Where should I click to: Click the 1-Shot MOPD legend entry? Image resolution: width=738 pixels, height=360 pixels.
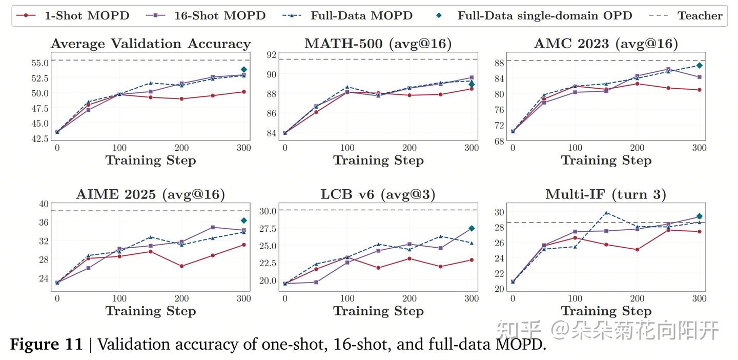pos(72,15)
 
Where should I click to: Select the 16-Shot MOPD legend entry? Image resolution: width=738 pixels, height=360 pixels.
pos(206,15)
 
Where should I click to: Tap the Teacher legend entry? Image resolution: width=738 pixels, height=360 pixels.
pos(686,15)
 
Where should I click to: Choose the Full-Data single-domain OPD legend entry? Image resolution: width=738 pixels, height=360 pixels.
pos(534,15)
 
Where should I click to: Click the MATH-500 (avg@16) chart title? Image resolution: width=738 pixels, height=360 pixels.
pos(378,44)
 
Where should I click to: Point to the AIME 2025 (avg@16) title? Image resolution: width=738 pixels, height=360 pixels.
pos(151,194)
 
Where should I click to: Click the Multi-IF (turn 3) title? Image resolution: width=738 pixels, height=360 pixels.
pos(606,194)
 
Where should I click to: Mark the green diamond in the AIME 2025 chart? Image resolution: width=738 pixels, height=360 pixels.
pos(244,220)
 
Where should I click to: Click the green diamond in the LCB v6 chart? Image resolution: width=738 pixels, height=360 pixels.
pos(471,228)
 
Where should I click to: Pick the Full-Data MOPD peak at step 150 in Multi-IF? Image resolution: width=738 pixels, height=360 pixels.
pos(606,213)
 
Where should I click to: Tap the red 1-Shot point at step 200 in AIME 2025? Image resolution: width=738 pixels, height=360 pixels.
pos(181,266)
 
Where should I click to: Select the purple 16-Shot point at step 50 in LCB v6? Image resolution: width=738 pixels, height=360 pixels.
pos(316,282)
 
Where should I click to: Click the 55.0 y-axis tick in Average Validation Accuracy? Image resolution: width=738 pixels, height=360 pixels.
pos(40,63)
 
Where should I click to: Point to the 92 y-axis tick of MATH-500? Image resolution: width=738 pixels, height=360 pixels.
pos(272,55)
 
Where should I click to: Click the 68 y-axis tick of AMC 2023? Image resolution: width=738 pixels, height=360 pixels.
pos(499,141)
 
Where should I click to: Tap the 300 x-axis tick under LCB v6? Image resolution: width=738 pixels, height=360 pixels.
pos(471,298)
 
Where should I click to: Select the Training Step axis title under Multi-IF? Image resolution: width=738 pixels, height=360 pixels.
pos(606,311)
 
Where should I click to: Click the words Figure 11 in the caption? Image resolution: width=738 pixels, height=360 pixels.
pos(46,344)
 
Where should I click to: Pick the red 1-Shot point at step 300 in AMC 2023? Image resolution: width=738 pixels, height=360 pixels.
pos(699,90)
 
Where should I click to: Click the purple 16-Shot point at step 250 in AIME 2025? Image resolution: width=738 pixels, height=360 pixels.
pos(213,227)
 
